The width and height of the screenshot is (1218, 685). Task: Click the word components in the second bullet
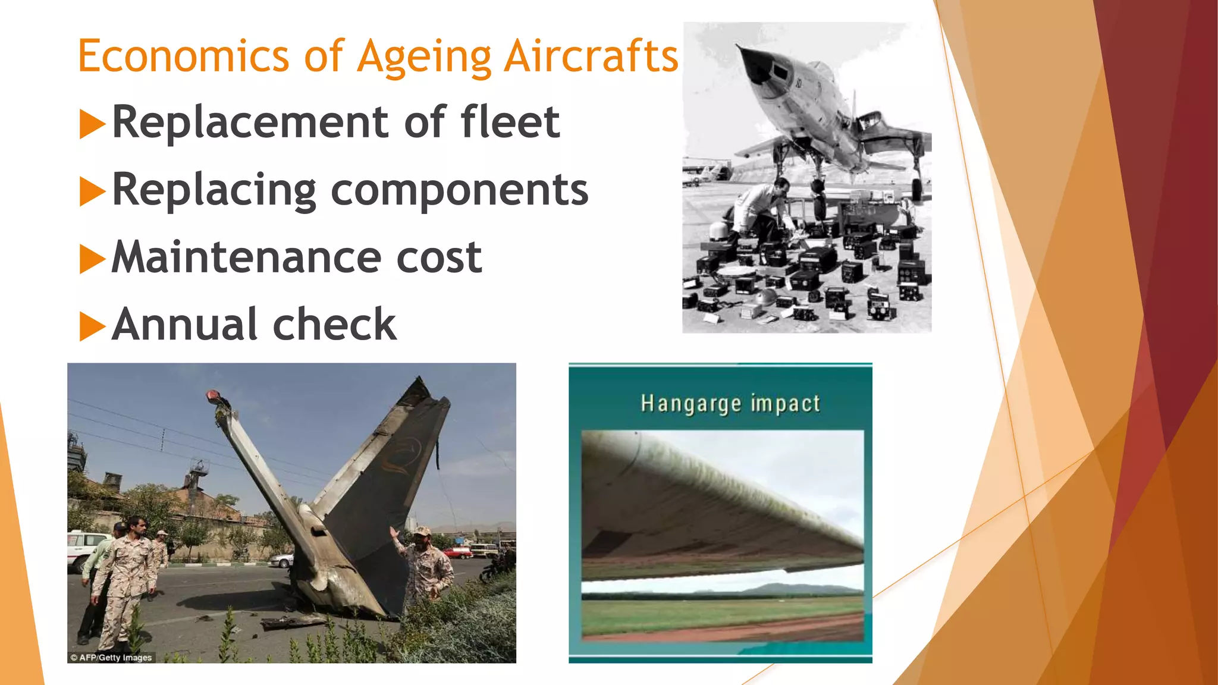tap(459, 190)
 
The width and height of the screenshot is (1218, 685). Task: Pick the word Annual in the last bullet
tap(185, 325)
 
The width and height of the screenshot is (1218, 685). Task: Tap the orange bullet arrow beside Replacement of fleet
tap(92, 124)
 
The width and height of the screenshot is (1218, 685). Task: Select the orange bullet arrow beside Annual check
tap(92, 326)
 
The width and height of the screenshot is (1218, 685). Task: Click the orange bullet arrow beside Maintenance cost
tap(92, 259)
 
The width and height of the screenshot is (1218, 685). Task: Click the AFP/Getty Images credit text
tap(111, 657)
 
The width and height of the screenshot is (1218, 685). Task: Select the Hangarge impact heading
tap(730, 404)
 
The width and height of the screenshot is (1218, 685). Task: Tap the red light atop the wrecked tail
tap(212, 395)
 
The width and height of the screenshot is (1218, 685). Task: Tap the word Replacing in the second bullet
tap(214, 190)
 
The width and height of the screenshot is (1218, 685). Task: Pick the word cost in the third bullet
tap(438, 257)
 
